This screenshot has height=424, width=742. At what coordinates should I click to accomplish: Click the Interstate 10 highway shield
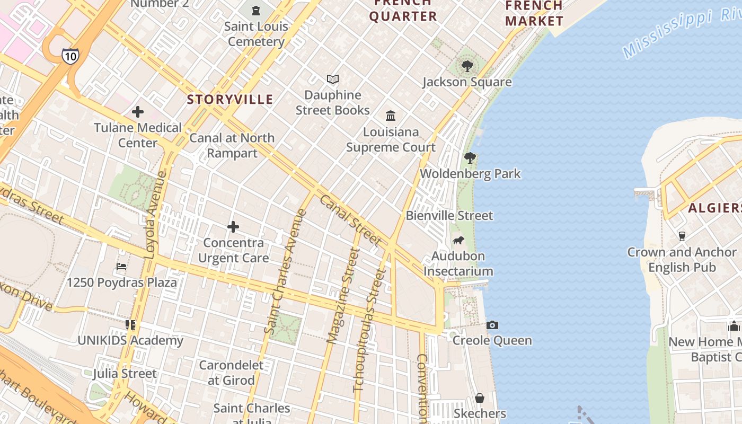click(70, 56)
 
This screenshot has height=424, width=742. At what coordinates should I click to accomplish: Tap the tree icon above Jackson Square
click(467, 66)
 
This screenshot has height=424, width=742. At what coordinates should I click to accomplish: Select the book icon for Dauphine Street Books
click(333, 79)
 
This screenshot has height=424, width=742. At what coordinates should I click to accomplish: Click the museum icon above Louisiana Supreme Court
click(391, 116)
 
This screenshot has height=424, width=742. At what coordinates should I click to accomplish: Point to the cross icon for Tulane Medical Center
click(138, 112)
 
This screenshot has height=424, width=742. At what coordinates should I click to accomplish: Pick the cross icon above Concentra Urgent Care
click(233, 227)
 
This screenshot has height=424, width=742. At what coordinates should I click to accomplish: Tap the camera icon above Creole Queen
click(492, 325)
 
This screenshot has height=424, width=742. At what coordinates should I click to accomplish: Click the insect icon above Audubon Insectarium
click(458, 241)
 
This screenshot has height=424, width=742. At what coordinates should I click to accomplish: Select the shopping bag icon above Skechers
click(480, 397)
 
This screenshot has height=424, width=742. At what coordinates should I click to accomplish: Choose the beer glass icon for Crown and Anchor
click(682, 236)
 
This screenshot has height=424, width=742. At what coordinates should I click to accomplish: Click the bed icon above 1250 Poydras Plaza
click(121, 266)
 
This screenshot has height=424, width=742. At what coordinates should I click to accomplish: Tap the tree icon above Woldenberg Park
click(470, 157)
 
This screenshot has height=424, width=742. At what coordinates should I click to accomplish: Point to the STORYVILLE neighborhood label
click(230, 99)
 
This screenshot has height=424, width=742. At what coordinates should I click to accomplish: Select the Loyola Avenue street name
click(155, 215)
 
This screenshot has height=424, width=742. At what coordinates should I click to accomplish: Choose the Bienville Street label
click(449, 216)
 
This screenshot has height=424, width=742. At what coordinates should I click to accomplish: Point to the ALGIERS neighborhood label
click(714, 208)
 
